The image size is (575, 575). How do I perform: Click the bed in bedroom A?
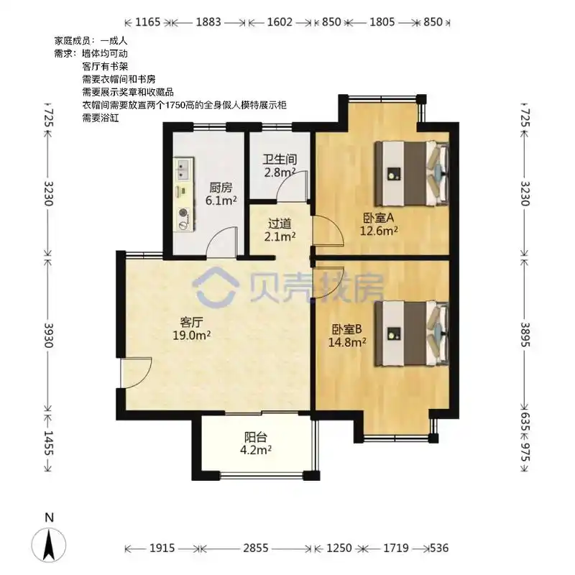(411, 173)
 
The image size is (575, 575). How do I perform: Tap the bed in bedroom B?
(411, 333)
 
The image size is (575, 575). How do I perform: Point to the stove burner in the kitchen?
(183, 213)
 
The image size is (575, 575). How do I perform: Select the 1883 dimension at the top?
(208, 22)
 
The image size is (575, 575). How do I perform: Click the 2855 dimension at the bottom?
(256, 548)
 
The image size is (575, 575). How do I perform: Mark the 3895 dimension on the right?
(525, 334)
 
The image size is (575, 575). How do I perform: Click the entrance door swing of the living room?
(137, 372)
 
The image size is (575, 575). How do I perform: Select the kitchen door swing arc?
(221, 241)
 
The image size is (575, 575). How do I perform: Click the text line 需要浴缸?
(101, 118)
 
